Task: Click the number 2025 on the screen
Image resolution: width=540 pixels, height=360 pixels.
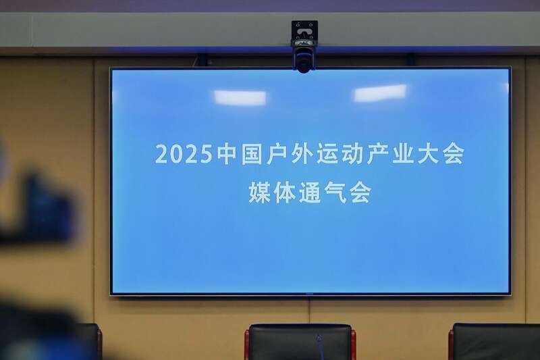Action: (x=184, y=154)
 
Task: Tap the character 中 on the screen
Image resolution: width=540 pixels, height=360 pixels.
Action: (x=227, y=154)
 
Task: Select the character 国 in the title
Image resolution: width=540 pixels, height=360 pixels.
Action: (x=252, y=154)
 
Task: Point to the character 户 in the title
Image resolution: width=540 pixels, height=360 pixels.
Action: (x=277, y=154)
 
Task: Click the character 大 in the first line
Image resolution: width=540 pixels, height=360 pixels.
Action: (x=428, y=154)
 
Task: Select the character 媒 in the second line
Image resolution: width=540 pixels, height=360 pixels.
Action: (x=259, y=192)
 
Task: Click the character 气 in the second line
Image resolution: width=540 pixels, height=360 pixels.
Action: (x=335, y=192)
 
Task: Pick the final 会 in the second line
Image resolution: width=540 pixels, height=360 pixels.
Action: (x=360, y=192)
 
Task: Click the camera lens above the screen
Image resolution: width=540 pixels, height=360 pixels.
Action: (x=304, y=64)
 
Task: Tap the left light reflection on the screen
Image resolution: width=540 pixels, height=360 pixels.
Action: (x=240, y=97)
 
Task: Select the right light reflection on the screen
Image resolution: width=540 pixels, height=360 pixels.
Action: (x=380, y=93)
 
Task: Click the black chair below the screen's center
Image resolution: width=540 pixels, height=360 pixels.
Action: (x=300, y=342)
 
